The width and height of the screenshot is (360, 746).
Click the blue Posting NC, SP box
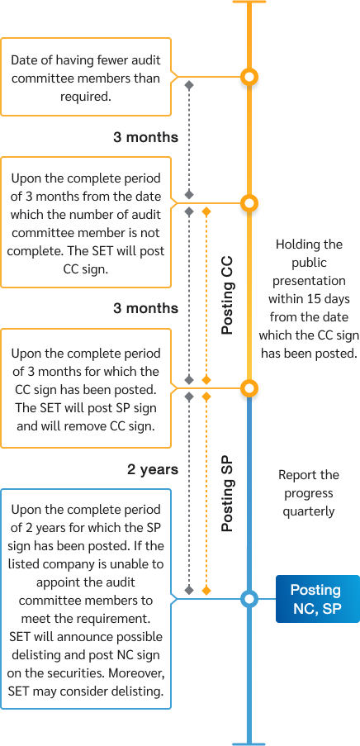tap(316, 599)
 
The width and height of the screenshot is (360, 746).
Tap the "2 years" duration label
tap(153, 469)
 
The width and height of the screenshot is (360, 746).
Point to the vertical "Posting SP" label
tap(228, 493)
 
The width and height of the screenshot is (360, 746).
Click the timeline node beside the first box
tap(249, 78)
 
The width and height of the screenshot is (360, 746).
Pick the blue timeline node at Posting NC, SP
tap(249, 599)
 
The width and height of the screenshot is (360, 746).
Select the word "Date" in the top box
tap(26, 60)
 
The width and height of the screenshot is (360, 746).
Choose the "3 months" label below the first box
tap(145, 137)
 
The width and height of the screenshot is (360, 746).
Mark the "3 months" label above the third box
tap(145, 308)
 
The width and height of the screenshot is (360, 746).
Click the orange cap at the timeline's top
tap(249, 2)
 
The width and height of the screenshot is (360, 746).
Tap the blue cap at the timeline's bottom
tap(249, 742)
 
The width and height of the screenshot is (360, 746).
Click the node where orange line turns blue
tap(249, 388)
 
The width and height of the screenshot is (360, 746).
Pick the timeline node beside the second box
tap(249, 203)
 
